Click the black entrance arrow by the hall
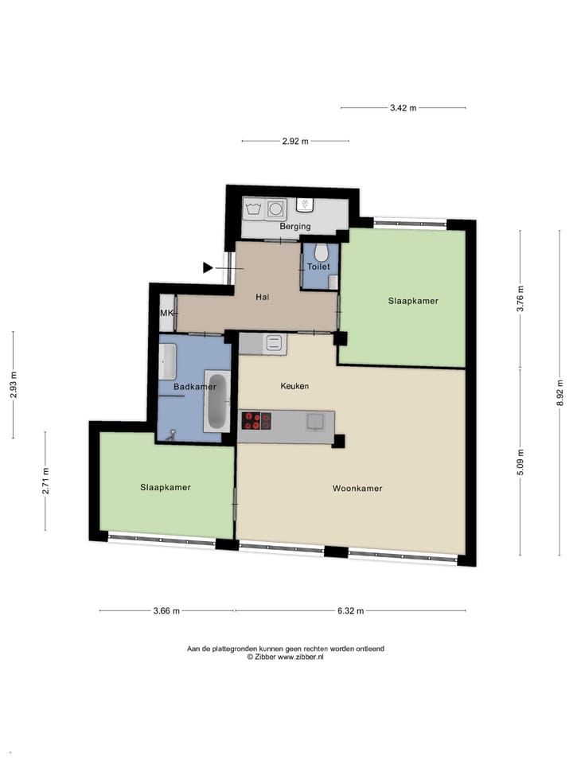coord(209,267)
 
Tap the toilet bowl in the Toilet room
coord(322,253)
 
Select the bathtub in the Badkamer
coord(216,401)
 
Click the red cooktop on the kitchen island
coord(255,420)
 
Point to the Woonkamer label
coord(357,489)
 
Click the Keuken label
coord(294,386)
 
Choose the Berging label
coord(294,227)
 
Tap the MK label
coord(166,314)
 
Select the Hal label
coord(262,297)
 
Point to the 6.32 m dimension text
coord(350,611)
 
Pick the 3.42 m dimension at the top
coord(403,108)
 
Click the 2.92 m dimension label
coord(295,142)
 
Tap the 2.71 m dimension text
coord(45,481)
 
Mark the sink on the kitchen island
coord(315,420)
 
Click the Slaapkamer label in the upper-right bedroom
coord(413,301)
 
